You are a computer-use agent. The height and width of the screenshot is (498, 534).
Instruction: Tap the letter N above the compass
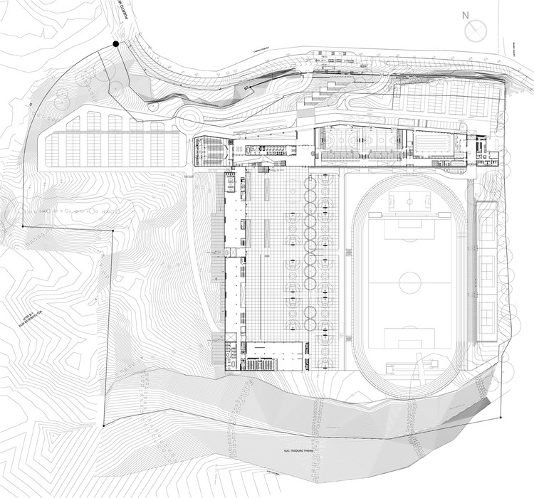465,14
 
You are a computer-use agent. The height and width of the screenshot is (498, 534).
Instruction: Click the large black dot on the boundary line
116,45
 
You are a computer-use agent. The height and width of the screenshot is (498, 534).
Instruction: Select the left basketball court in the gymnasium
341,142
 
